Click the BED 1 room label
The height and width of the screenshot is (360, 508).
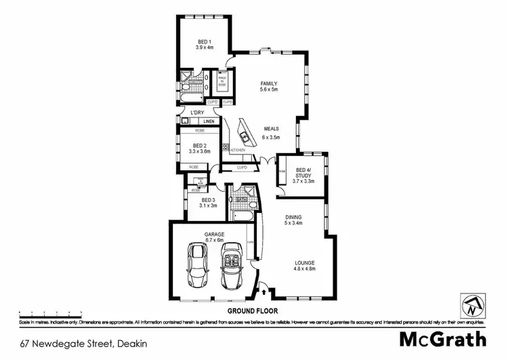point(205,43)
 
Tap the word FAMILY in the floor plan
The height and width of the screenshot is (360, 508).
point(269,83)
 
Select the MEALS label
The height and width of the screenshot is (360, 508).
point(272,128)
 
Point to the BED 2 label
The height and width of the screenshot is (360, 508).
point(199,145)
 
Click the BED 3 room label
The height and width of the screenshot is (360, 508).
point(209,199)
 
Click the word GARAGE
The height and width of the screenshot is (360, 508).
point(215,234)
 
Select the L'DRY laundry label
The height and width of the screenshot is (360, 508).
point(197,113)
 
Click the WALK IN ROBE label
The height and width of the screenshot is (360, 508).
point(221,82)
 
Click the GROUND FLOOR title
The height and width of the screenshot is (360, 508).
point(253,311)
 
